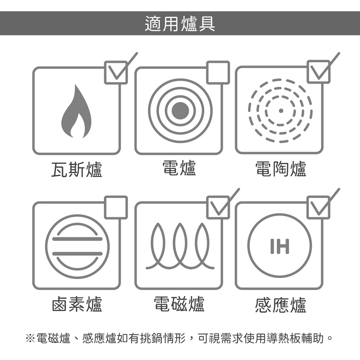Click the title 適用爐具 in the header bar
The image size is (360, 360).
pos(180,23)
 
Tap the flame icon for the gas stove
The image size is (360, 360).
pos(76,111)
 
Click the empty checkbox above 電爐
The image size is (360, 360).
pos(218,73)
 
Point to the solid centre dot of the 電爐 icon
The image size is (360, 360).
pos(180,111)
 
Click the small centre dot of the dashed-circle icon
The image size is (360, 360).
pos(280,111)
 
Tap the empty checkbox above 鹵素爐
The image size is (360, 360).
pos(116,208)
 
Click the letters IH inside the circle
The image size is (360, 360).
pos(280,246)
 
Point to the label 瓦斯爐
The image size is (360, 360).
pos(76,170)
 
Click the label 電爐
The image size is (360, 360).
pos(179,168)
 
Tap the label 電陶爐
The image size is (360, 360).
pos(280,169)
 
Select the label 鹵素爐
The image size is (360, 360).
pos(77,304)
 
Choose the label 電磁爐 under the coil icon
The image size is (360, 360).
pos(179,304)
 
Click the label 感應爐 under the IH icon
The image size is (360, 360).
pos(280,305)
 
